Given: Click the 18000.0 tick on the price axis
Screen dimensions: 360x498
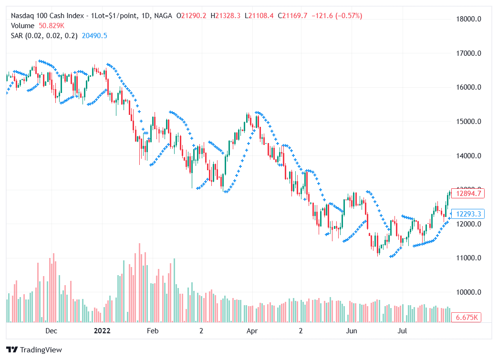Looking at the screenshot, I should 468,19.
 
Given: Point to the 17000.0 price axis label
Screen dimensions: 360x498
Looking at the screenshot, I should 468,53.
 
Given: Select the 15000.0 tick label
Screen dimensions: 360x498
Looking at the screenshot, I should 468,122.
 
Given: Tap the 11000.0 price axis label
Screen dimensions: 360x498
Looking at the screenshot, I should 468,258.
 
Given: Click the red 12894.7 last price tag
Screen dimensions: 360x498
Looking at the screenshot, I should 468,194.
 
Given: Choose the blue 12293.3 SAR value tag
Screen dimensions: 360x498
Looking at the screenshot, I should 468,214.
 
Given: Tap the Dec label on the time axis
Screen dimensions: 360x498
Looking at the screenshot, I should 51,330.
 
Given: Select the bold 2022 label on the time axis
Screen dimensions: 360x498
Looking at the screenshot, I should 102,330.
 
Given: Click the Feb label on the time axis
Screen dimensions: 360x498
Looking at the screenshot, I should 152,330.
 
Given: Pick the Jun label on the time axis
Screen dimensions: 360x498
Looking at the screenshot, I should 352,330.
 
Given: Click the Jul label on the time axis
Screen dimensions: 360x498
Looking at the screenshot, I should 402,330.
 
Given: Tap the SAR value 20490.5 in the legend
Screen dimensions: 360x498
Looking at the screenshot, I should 94,36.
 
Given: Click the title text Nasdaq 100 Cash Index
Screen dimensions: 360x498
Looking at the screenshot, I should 46,16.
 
